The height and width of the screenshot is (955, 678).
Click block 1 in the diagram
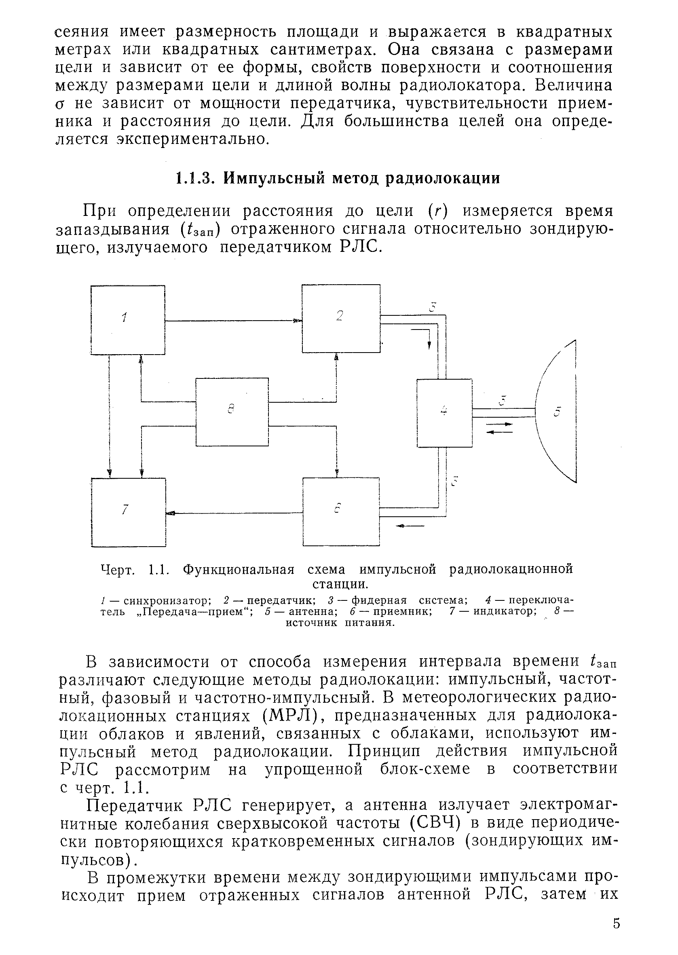[128, 320]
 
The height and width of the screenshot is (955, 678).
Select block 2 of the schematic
[341, 318]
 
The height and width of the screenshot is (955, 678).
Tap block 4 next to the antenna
[444, 413]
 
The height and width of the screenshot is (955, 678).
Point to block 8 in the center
[232, 412]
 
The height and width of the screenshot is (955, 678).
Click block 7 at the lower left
[128, 512]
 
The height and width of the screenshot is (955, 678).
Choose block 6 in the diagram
[341, 512]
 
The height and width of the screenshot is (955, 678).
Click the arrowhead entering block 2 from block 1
[297, 321]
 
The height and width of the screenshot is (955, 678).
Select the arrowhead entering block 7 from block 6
[170, 513]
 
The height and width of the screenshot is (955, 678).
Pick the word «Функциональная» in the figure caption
[239, 570]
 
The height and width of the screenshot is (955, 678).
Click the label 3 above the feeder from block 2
[433, 307]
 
